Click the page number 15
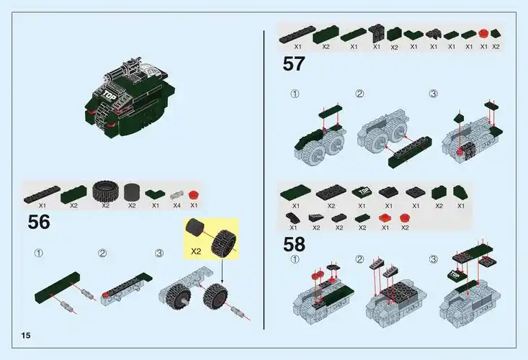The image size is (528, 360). click(26, 337)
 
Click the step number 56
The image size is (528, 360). click(39, 222)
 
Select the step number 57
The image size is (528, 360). click(293, 64)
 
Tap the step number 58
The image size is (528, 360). click(294, 244)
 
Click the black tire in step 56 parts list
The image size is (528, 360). click(105, 192)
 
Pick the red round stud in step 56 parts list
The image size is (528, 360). click(193, 194)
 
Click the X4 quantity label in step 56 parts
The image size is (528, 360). click(176, 206)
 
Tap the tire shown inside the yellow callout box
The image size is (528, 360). click(222, 243)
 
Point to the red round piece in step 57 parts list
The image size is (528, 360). click(483, 33)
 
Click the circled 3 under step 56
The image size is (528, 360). click(159, 253)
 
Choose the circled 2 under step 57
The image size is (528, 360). click(359, 94)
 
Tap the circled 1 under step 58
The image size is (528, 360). click(295, 259)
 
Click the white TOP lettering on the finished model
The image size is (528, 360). click(109, 94)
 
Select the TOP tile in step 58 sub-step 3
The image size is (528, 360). click(455, 275)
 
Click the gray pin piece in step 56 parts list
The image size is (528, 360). click(177, 194)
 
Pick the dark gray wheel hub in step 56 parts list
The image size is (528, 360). click(132, 192)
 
